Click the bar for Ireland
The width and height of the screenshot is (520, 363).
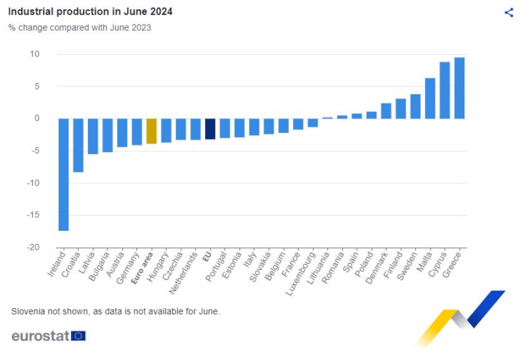tap(63, 174)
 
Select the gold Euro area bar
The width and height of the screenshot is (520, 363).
tap(151, 131)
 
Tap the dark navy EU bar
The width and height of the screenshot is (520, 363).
tap(209, 129)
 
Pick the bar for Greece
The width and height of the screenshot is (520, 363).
tap(459, 88)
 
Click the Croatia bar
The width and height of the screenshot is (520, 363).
tap(78, 145)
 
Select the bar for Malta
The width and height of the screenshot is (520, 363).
tap(430, 98)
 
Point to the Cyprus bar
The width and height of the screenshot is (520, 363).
tap(445, 90)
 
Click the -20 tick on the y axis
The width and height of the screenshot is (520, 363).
tap(34, 248)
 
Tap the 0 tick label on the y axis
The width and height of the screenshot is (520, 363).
tap(37, 118)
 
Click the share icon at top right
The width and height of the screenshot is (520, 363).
tap(509, 12)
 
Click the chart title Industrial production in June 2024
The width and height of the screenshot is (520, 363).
tap(90, 12)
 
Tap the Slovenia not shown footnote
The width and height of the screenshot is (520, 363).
tap(115, 311)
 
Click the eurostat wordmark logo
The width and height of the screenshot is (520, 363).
tap(40, 336)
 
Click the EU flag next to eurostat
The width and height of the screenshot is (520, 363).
tap(78, 336)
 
